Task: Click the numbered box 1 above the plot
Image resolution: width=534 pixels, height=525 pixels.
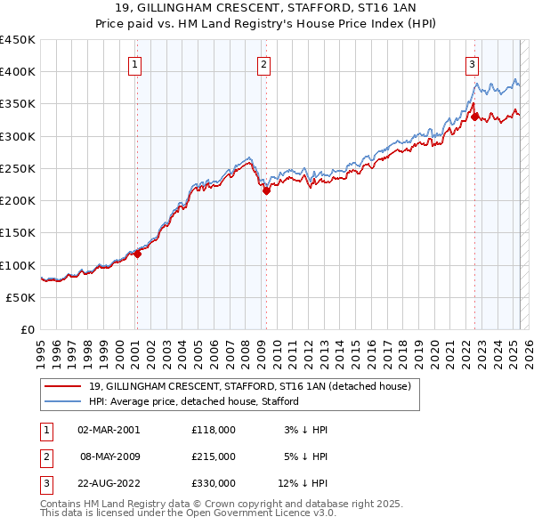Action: point(134,63)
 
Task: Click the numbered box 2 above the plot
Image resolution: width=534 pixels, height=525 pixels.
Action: point(264,63)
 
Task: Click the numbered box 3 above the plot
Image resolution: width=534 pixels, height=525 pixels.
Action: point(472,63)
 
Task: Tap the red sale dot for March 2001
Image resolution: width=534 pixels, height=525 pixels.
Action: point(138,254)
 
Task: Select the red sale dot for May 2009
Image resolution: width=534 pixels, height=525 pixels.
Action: point(266,190)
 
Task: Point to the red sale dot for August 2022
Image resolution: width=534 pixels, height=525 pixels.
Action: point(475,116)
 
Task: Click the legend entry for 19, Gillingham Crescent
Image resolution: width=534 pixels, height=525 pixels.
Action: point(249,386)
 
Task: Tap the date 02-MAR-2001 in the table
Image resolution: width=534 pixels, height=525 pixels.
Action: point(109,429)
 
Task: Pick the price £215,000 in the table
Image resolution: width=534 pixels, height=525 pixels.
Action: point(214,456)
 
